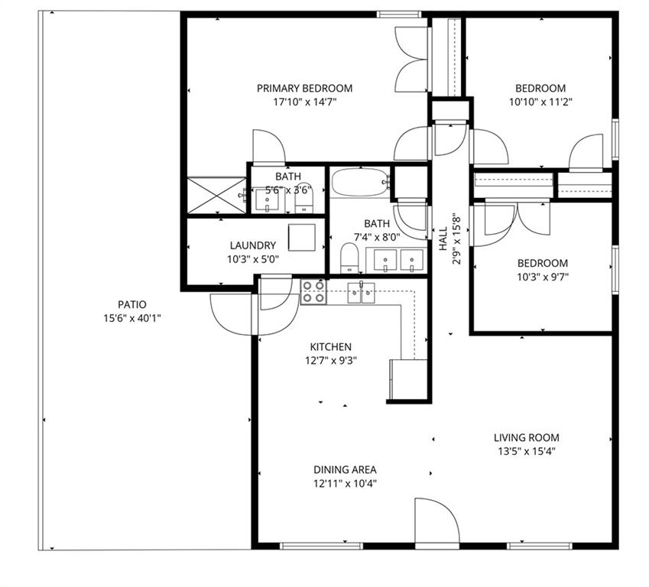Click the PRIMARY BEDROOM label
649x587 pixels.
(305, 88)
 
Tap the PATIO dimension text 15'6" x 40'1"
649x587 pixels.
(132, 318)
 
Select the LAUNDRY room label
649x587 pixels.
(253, 245)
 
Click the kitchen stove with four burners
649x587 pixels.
(313, 292)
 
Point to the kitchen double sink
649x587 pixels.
(361, 293)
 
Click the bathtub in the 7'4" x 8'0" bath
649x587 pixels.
(360, 182)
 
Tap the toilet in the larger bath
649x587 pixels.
(349, 258)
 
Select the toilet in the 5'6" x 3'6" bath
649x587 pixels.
(304, 198)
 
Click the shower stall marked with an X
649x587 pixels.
(216, 195)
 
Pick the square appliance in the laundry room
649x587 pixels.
(302, 237)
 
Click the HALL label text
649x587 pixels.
(443, 238)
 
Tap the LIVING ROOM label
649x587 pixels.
(527, 437)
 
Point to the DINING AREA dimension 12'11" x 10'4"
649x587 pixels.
(345, 483)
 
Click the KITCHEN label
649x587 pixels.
(331, 346)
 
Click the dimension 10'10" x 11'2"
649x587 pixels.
(540, 102)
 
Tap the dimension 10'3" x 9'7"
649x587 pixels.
(543, 277)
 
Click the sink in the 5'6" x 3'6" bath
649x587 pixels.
(268, 201)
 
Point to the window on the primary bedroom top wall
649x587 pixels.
(400, 15)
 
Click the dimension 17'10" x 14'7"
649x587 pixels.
(305, 102)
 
